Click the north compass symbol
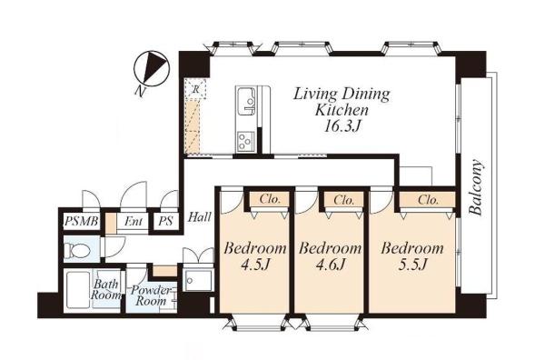[x=152, y=69]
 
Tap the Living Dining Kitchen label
[x=342, y=102]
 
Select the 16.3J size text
[x=342, y=126]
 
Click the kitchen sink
[x=246, y=101]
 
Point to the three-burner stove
[x=245, y=141]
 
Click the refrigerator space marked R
[x=195, y=89]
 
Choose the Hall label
[x=200, y=217]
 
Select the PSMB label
[x=82, y=221]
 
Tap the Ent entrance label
[x=134, y=221]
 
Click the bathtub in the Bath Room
[x=78, y=290]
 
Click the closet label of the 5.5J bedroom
[x=428, y=200]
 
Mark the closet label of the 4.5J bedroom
[x=270, y=199]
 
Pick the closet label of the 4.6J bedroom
[x=343, y=200]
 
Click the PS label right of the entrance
[x=165, y=221]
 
